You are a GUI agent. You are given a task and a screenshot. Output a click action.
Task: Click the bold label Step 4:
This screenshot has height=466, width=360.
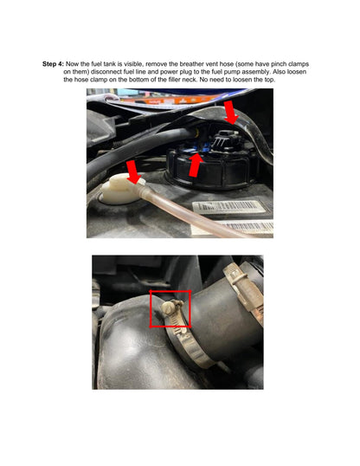click(53, 64)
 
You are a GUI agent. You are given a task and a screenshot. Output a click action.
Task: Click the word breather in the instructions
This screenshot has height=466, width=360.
click(191, 64)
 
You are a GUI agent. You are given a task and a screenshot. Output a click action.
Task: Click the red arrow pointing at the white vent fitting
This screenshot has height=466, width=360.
click(133, 172)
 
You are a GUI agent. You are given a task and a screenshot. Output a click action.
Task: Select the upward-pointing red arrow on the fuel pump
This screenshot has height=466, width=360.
click(196, 165)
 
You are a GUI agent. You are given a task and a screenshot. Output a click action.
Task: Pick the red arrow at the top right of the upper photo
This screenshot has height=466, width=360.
click(231, 113)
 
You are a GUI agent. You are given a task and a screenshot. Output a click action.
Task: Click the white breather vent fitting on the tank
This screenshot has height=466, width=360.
click(122, 190)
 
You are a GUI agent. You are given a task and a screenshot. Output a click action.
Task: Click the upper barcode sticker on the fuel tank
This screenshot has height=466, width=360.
click(228, 206)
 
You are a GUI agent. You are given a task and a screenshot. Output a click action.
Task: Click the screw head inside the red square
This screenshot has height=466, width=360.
click(168, 308)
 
